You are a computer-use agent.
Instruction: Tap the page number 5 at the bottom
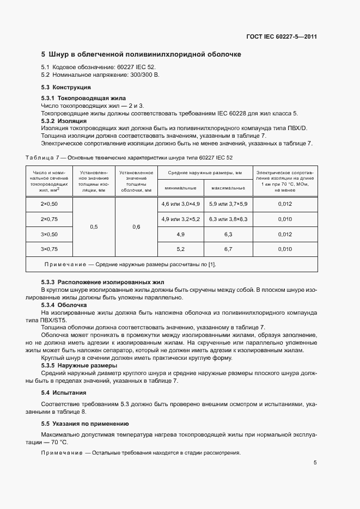(x=315, y=463)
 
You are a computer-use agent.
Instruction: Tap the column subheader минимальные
(x=180, y=188)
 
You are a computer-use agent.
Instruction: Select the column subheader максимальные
(x=228, y=188)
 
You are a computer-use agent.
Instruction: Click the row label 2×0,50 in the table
(x=49, y=204)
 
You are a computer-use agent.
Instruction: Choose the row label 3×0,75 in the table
(x=49, y=249)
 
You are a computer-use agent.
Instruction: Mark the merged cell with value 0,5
(x=94, y=226)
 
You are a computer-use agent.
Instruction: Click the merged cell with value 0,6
(x=136, y=226)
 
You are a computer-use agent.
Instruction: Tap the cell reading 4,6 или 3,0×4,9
(x=180, y=204)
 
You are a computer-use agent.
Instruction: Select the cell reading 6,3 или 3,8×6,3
(x=228, y=219)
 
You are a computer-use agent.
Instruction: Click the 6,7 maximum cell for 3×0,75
(x=228, y=249)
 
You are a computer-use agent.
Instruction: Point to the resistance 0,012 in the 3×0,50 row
(x=285, y=234)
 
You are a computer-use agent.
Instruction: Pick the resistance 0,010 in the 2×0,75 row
(x=285, y=219)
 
